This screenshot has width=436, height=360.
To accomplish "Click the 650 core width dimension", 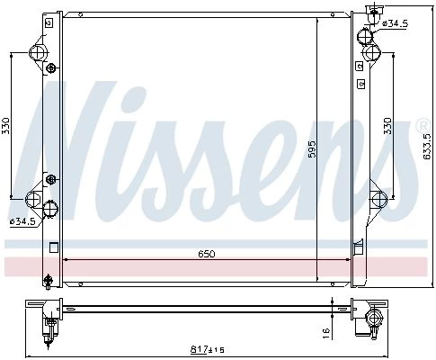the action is coord(207,254).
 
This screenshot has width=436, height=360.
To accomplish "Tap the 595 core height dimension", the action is coord(312,148).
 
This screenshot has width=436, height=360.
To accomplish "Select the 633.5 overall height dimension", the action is coord(426,146).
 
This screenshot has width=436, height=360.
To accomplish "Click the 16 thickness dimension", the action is coord(326,332).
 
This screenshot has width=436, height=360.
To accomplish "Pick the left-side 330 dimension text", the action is coord(6,126).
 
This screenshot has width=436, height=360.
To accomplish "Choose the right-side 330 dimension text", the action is coord(387,126).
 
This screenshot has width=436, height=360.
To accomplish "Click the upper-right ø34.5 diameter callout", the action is coord(396,23).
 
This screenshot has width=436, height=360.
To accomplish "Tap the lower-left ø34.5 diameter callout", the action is coord(22,222).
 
